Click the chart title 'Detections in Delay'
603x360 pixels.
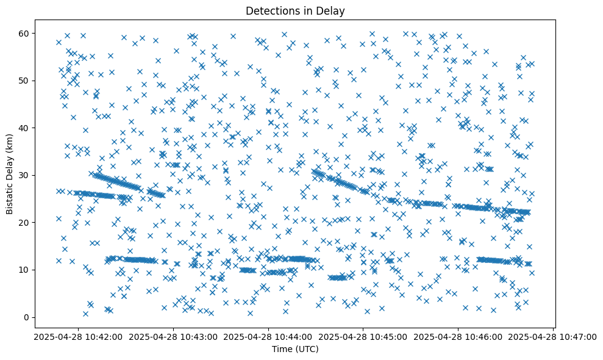295,10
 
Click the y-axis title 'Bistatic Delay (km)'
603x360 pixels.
10,173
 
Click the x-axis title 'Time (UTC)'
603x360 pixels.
295,350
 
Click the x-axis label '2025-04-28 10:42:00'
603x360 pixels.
79,336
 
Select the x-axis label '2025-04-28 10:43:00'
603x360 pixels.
174,336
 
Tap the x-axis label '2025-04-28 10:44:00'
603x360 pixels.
269,336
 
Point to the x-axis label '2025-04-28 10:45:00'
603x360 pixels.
363,336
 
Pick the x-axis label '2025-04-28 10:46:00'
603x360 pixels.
458,336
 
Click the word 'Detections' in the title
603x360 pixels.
269,10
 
